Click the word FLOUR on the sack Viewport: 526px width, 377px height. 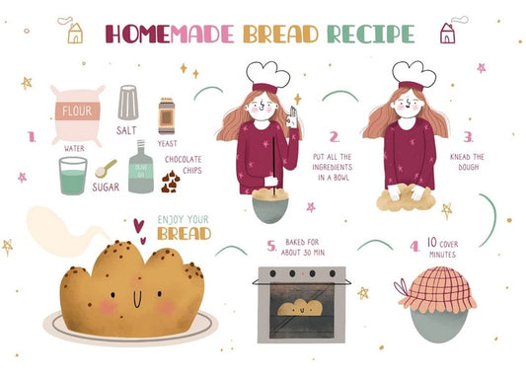click(x=77, y=111)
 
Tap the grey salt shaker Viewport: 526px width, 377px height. click(x=128, y=103)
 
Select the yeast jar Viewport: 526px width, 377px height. click(x=167, y=116)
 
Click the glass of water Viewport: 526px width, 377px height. click(x=73, y=176)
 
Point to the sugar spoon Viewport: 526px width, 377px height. click(x=106, y=169)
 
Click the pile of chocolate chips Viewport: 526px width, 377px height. click(x=171, y=183)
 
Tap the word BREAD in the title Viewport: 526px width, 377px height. click(x=281, y=35)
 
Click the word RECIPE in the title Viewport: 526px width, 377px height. click(x=371, y=35)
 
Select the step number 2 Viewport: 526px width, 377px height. click(x=335, y=137)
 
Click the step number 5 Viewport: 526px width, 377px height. click(x=271, y=246)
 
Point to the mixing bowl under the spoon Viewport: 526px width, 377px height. click(x=270, y=210)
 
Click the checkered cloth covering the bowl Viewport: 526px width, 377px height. click(x=437, y=288)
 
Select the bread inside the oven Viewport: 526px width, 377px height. click(x=300, y=308)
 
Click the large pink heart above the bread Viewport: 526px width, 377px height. click(x=138, y=226)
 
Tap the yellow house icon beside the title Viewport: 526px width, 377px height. click(x=75, y=34)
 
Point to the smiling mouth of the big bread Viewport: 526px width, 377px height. click(x=137, y=299)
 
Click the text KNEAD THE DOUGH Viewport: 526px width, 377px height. click(x=468, y=162)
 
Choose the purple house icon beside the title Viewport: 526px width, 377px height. click(x=447, y=34)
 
